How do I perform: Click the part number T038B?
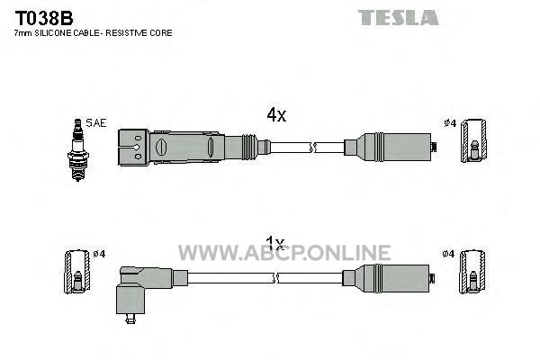click(44, 18)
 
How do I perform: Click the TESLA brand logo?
click(398, 18)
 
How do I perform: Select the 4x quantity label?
click(276, 115)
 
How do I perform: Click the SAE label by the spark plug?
click(96, 123)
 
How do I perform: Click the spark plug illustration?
click(78, 150)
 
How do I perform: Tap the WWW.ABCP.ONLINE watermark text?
click(284, 253)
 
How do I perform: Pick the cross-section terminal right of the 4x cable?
click(474, 140)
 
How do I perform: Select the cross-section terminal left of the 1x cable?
click(77, 272)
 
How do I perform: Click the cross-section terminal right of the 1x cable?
click(472, 272)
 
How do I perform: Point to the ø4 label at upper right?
click(450, 122)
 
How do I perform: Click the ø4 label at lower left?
click(99, 254)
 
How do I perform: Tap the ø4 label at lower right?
click(448, 254)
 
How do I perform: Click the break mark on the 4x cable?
click(312, 148)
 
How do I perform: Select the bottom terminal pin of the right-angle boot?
click(130, 319)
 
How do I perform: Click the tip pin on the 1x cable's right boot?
click(432, 278)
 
